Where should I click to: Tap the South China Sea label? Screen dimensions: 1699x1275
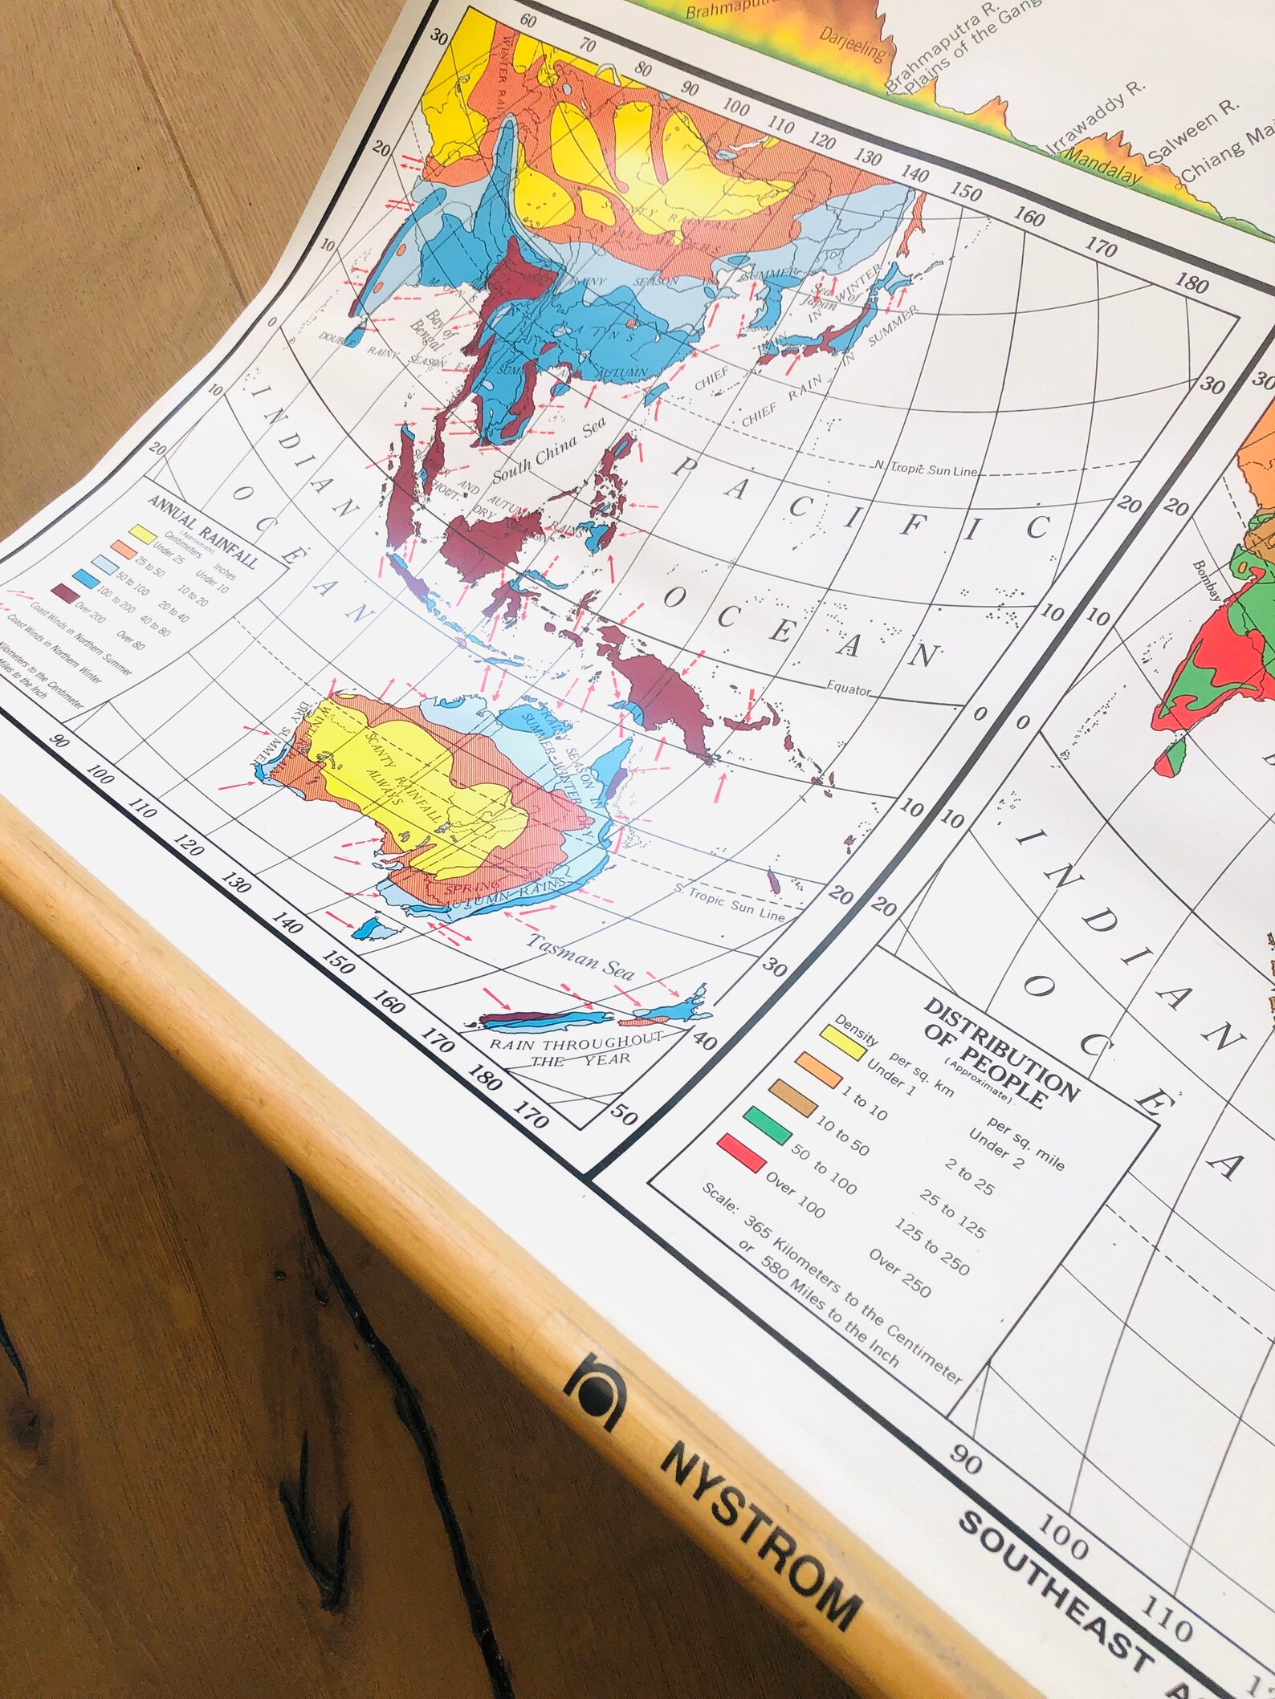(550, 451)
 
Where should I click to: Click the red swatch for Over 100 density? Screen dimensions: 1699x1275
(741, 1152)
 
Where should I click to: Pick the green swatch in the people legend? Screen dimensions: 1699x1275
(767, 1123)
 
